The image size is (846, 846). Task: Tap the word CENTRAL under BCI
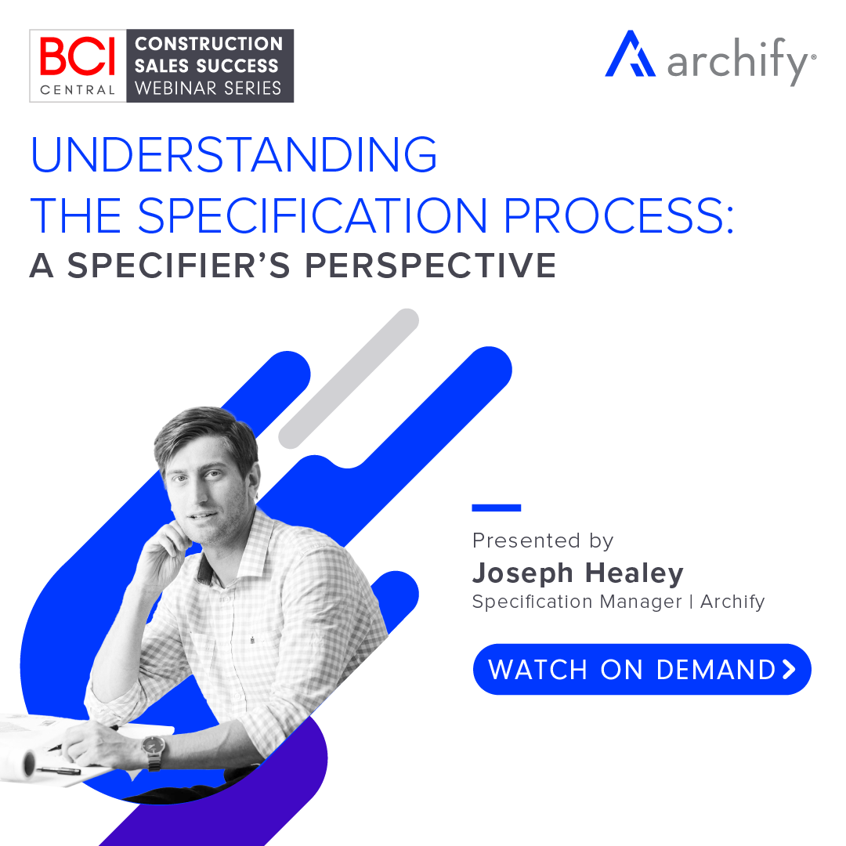coord(78,89)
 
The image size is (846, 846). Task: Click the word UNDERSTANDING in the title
coord(233,154)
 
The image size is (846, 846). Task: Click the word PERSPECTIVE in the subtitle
coord(430,266)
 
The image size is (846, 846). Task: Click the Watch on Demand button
coord(642,669)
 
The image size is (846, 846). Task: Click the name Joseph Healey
coord(577,573)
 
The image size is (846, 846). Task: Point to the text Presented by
coord(543,540)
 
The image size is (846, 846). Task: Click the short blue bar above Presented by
coord(497,508)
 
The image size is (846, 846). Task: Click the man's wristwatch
coord(154,750)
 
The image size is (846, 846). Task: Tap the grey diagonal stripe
coord(349,378)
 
